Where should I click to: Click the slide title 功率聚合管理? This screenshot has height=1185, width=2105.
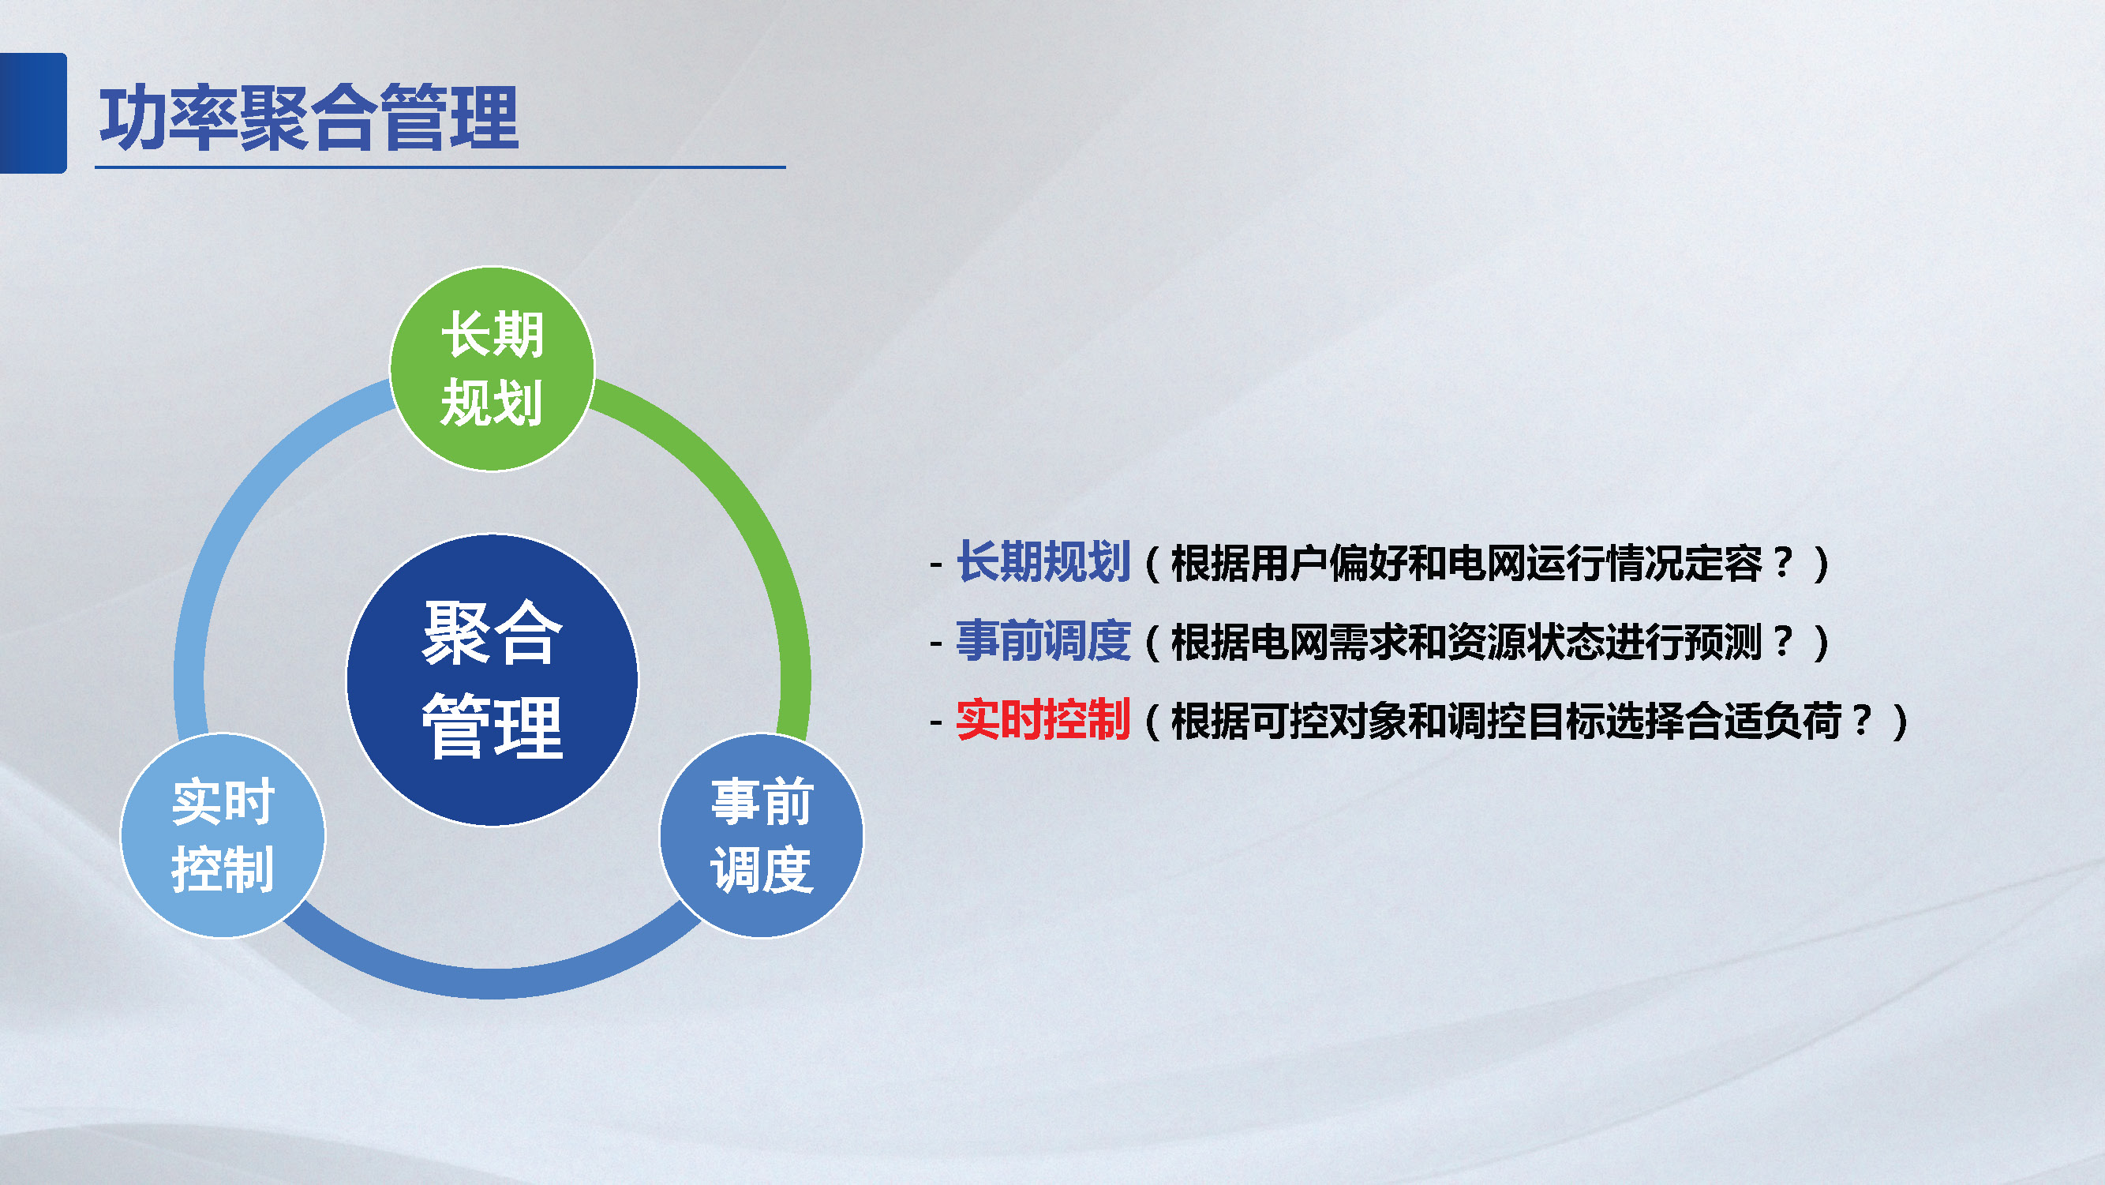click(309, 118)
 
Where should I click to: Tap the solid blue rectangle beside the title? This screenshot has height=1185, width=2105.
click(32, 113)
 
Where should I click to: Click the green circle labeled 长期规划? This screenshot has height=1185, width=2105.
click(492, 369)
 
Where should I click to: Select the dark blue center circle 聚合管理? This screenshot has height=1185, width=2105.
click(492, 680)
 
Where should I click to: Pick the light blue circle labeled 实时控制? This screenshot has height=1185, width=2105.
click(223, 835)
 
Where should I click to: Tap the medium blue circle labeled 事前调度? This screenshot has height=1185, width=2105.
click(762, 835)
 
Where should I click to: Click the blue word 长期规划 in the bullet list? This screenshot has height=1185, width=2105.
click(1043, 562)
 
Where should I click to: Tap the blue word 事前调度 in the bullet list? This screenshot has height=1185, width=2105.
click(1043, 642)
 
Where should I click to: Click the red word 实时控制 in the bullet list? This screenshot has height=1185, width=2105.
click(1043, 721)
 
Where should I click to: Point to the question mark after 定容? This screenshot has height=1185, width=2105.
click(1783, 562)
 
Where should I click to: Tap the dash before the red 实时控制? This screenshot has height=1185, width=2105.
click(936, 723)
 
